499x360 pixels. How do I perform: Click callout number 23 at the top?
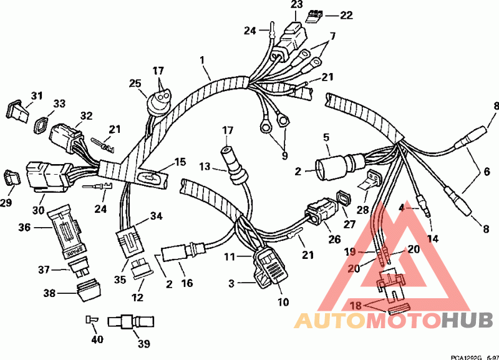(296, 6)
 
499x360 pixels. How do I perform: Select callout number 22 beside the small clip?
(346, 14)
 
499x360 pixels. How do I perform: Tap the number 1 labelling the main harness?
(202, 60)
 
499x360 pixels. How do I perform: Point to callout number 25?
(135, 83)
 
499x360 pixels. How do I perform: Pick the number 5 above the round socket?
(326, 136)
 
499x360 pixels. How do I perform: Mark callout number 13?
(206, 167)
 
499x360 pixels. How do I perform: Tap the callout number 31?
(37, 95)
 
